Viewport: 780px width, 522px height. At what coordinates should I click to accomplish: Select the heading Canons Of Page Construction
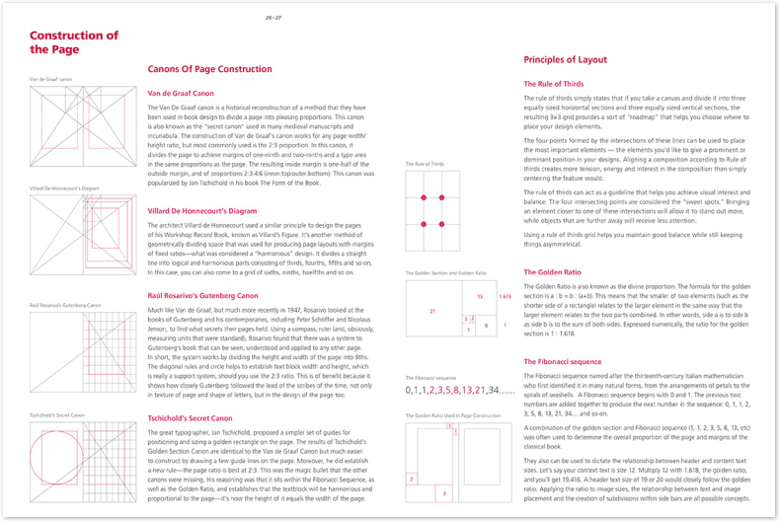point(209,69)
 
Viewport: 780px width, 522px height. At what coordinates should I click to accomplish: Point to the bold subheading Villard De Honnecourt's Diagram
point(201,210)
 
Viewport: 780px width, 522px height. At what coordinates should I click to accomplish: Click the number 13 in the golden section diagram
point(479,295)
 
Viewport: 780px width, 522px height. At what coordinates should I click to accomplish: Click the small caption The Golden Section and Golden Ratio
point(446,272)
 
